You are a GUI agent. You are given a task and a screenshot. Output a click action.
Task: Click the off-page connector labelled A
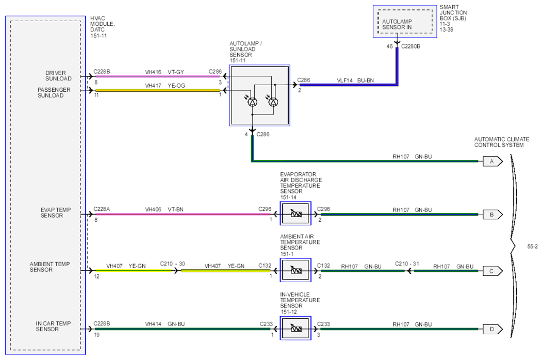click(x=492, y=161)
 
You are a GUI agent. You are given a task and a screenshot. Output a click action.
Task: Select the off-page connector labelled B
click(x=492, y=215)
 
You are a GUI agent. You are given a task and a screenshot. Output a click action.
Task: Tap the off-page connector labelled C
click(x=492, y=271)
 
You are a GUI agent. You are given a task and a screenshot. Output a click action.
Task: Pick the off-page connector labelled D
click(x=492, y=329)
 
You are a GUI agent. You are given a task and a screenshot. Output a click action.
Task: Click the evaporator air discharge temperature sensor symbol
click(x=296, y=214)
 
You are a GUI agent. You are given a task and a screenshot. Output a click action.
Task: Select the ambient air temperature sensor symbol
click(x=296, y=270)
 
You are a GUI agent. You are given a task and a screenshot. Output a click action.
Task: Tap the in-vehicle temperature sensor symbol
click(x=296, y=328)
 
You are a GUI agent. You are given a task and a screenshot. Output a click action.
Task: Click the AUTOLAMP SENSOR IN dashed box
click(x=405, y=22)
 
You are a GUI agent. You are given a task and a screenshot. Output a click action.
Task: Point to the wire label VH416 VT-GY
click(x=164, y=72)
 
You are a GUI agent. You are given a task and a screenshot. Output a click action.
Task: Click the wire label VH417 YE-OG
click(x=165, y=86)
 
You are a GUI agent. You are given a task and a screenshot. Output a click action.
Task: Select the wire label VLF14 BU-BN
click(x=355, y=80)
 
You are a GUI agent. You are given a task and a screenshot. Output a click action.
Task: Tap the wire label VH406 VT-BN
click(x=164, y=209)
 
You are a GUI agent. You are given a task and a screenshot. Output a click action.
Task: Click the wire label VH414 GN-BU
click(x=165, y=324)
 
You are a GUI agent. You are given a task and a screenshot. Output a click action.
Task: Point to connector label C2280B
click(x=410, y=46)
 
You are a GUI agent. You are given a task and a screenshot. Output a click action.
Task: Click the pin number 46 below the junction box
click(x=390, y=46)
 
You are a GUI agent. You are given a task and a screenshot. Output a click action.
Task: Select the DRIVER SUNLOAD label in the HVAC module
click(x=58, y=76)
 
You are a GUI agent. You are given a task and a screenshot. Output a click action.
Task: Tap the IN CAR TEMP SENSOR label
click(x=53, y=326)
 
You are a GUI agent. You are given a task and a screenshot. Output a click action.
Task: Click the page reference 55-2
click(x=533, y=247)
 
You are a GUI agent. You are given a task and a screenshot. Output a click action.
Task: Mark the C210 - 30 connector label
click(x=172, y=264)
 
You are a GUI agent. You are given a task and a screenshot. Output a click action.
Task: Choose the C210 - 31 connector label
click(x=407, y=264)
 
